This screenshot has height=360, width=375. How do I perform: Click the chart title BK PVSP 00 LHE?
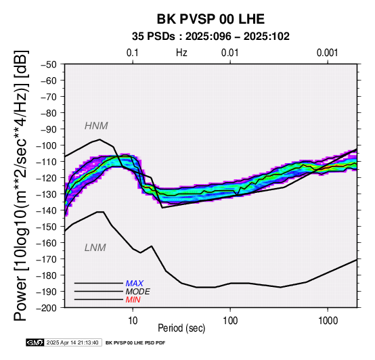[211, 19]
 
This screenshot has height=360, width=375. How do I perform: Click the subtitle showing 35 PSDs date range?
[211, 37]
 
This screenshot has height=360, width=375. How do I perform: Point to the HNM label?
[96, 126]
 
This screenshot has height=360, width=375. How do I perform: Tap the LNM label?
[95, 248]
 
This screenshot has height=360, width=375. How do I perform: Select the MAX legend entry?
[135, 284]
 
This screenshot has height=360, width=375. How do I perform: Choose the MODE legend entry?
[138, 292]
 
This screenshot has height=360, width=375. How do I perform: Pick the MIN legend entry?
[133, 300]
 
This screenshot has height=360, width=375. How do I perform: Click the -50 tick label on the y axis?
[49, 64]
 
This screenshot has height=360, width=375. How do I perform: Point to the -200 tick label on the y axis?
[47, 308]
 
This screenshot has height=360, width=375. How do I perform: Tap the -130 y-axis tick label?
[47, 194]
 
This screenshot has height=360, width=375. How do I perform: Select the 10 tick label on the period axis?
[133, 321]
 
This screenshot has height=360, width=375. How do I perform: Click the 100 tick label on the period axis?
[230, 321]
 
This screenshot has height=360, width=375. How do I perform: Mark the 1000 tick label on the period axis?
[328, 321]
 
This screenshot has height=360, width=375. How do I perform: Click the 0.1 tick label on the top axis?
[133, 53]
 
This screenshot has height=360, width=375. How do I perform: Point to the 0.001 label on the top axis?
[327, 53]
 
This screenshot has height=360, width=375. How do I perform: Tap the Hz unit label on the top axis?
[181, 53]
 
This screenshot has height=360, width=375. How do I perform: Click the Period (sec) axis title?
[181, 328]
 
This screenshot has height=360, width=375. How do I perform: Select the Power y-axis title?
[20, 185]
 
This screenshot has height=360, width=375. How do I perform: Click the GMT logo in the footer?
[35, 342]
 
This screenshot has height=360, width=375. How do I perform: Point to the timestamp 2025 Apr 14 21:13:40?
[72, 342]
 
